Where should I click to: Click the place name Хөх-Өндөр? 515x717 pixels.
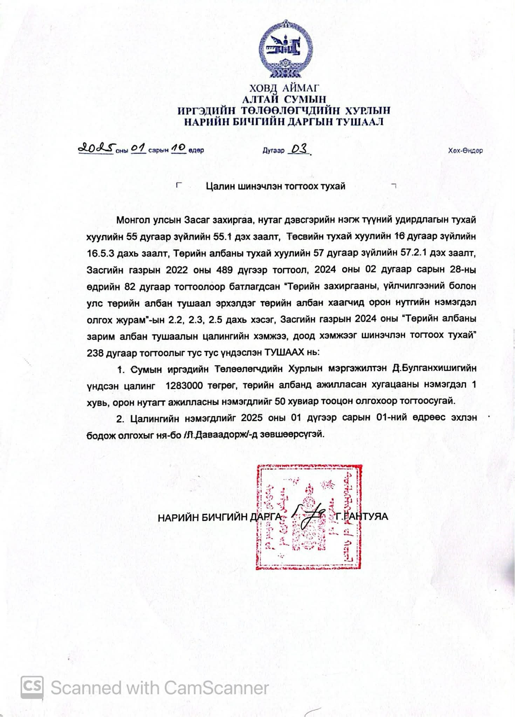[465, 151]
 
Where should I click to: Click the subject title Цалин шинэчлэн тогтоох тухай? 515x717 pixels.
[276, 186]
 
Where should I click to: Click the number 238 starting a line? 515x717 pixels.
[95, 353]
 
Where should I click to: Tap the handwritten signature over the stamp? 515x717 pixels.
[308, 516]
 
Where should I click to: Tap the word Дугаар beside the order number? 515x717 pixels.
[274, 151]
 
